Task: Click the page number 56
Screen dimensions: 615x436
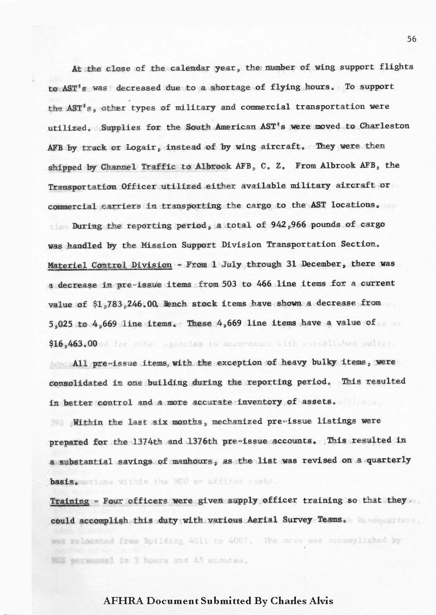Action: pos(411,39)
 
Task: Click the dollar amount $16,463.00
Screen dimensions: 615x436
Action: pos(73,344)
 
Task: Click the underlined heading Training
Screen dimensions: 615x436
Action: pos(70,501)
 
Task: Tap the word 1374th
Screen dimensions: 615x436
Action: pos(148,441)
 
